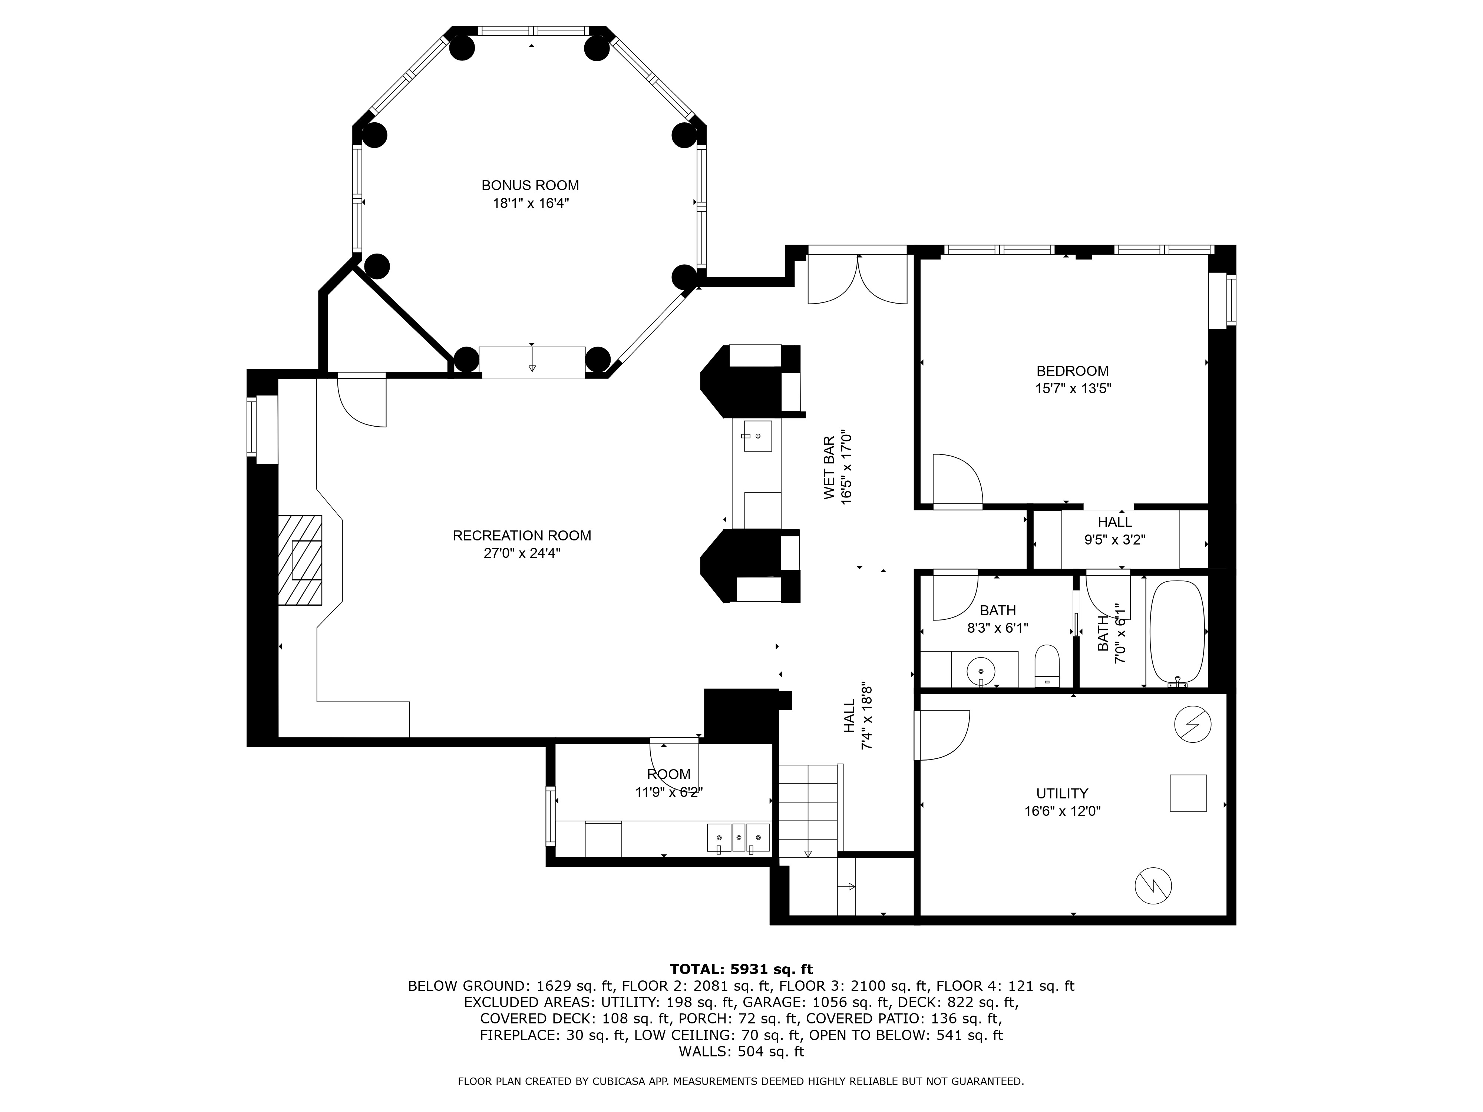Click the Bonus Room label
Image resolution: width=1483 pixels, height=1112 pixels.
coord(530,185)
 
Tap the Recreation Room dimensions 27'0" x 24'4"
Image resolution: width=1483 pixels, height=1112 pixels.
coord(522,553)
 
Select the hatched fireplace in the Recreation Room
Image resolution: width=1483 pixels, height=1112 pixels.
coord(300,560)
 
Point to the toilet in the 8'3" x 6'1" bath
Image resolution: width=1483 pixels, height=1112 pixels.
coord(1046,666)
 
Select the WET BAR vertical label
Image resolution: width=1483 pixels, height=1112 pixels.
coord(829,467)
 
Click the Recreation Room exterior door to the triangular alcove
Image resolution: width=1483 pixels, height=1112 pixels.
coord(361,401)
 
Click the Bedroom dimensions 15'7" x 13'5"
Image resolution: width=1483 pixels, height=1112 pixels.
coord(1073,388)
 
